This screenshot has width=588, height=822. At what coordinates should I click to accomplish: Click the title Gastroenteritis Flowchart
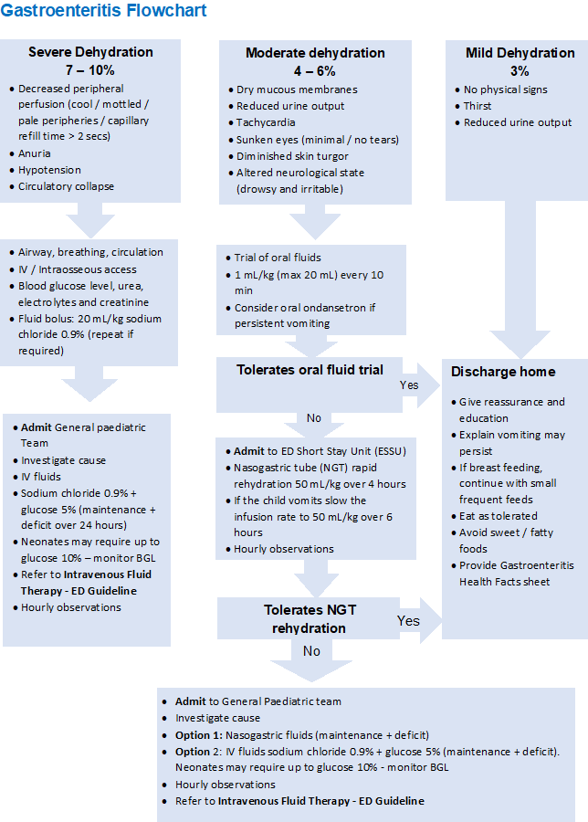point(103,12)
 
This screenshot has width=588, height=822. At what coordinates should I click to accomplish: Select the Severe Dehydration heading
point(90,52)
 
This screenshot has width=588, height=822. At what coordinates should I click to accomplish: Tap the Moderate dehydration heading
point(315,53)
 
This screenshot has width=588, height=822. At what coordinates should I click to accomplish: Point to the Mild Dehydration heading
point(520,53)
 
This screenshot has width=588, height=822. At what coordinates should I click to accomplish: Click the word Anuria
point(35,153)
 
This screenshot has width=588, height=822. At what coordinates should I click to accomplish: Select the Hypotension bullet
point(49,170)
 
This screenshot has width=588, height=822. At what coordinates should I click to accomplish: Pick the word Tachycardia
point(266,122)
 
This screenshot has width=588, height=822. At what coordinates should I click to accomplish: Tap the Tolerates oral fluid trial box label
point(310,370)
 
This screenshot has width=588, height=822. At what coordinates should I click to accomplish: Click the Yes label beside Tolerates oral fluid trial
point(409,385)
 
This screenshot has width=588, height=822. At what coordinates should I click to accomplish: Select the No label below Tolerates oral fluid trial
point(314,418)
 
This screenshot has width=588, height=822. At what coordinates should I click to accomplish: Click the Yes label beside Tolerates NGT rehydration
point(409,620)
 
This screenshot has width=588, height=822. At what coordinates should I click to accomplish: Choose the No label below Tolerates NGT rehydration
point(311,651)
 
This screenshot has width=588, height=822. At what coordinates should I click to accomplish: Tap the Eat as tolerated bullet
point(498,516)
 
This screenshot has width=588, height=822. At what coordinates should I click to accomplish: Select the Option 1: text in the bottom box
point(199,734)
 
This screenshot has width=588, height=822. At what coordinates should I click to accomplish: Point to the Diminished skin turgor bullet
point(290,156)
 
